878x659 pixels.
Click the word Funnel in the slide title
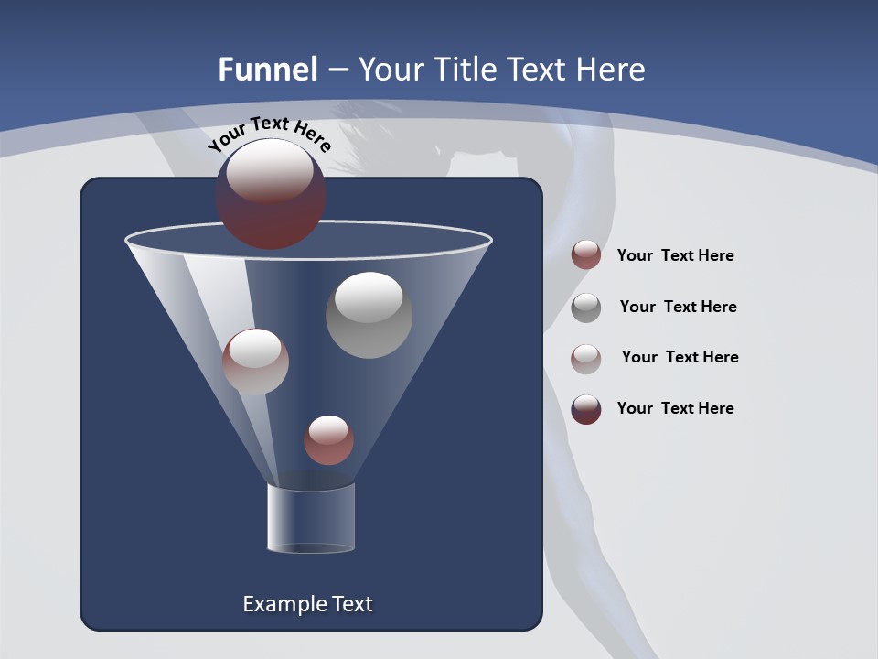click(267, 70)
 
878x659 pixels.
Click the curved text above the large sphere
click(269, 133)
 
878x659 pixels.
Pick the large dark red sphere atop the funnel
click(270, 193)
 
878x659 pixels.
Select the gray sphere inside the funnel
click(369, 315)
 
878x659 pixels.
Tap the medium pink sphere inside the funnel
click(255, 362)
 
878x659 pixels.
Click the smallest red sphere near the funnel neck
click(328, 440)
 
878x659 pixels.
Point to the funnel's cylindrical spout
click(311, 518)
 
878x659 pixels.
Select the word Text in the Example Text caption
click(351, 604)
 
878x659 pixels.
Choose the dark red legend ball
click(586, 254)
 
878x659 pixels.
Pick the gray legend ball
click(586, 308)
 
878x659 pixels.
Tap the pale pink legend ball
click(586, 359)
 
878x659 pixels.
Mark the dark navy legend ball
click(586, 409)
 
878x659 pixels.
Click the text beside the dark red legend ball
click(675, 256)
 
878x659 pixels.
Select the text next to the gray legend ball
click(678, 308)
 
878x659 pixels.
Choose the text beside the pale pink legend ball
click(680, 358)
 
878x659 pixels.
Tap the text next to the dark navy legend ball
click(675, 409)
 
